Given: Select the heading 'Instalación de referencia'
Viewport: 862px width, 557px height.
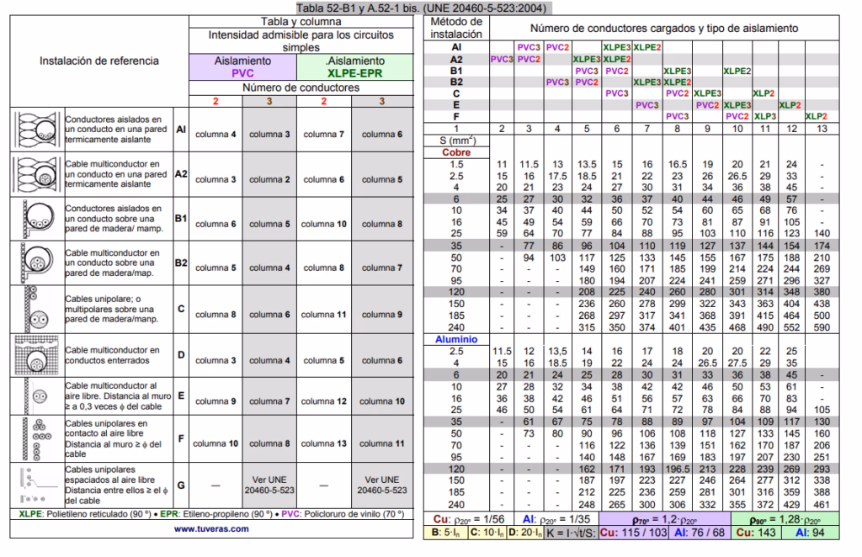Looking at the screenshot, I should pyautogui.click(x=99, y=61).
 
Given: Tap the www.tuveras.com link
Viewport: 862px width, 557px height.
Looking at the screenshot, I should pyautogui.click(x=211, y=528).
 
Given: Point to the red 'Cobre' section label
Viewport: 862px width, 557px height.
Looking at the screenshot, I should pyautogui.click(x=456, y=152).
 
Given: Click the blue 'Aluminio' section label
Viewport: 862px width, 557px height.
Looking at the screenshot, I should pyautogui.click(x=456, y=338).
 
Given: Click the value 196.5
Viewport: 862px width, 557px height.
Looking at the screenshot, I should pyautogui.click(x=677, y=469).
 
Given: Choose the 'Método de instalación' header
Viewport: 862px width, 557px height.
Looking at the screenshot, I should pyautogui.click(x=455, y=28).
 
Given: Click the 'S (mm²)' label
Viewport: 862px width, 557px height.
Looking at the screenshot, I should pyautogui.click(x=456, y=141).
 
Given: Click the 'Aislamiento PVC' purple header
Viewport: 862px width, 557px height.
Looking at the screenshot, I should pyautogui.click(x=242, y=67).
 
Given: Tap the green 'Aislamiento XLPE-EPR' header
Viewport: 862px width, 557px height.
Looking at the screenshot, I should pyautogui.click(x=354, y=67).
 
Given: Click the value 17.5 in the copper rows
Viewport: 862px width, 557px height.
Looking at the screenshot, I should pyautogui.click(x=557, y=175).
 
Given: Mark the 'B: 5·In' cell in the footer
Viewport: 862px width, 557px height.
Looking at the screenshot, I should pyautogui.click(x=444, y=533).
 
